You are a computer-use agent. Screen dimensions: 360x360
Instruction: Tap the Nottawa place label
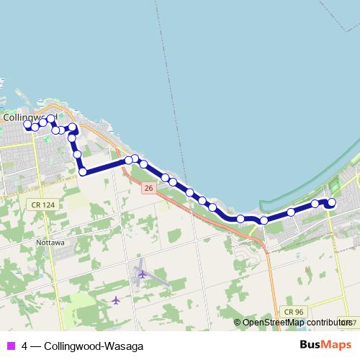(x=50, y=243)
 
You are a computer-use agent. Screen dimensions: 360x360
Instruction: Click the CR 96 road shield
(x=293, y=311)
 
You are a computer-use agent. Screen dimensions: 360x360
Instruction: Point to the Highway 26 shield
(x=148, y=187)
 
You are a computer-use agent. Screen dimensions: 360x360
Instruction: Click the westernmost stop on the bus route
(x=28, y=125)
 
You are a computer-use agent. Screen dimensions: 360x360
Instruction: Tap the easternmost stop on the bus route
(x=332, y=203)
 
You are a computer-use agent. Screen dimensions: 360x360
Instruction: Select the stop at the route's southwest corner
(x=84, y=171)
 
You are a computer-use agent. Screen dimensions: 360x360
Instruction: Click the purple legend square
(x=10, y=346)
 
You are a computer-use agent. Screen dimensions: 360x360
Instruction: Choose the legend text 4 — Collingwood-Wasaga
(x=72, y=346)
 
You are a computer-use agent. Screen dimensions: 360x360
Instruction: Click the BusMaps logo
(x=325, y=345)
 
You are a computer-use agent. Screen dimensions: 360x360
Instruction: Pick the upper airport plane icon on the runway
(x=141, y=274)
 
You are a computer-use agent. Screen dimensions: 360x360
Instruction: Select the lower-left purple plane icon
(x=116, y=300)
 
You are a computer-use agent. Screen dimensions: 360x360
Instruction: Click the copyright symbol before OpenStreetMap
(x=238, y=323)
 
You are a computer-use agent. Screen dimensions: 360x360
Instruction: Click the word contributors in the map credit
(x=325, y=323)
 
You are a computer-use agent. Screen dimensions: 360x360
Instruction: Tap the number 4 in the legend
(x=25, y=346)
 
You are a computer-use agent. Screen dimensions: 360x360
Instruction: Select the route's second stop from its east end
(x=315, y=204)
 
